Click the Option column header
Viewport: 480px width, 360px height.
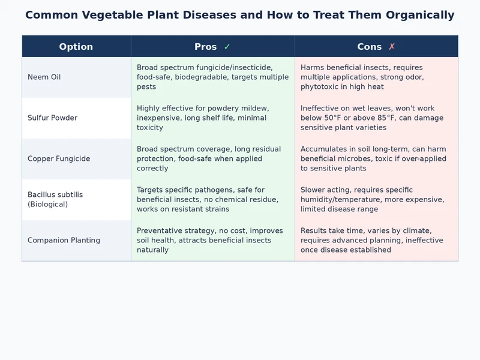[76, 47]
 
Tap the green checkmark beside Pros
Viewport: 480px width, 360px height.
[227, 47]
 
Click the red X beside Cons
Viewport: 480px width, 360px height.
[392, 47]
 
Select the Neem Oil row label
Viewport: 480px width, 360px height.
[44, 77]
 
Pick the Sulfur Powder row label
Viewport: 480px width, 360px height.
[52, 118]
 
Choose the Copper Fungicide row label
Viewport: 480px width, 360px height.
[59, 159]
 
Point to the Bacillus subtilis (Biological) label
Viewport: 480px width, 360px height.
[55, 200]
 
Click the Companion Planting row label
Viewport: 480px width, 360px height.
[64, 241]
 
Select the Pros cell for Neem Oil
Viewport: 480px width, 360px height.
[212, 77]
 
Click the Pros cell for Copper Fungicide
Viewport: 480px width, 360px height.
[212, 159]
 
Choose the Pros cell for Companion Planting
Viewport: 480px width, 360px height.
[212, 241]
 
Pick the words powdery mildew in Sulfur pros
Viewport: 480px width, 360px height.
[240, 109]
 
